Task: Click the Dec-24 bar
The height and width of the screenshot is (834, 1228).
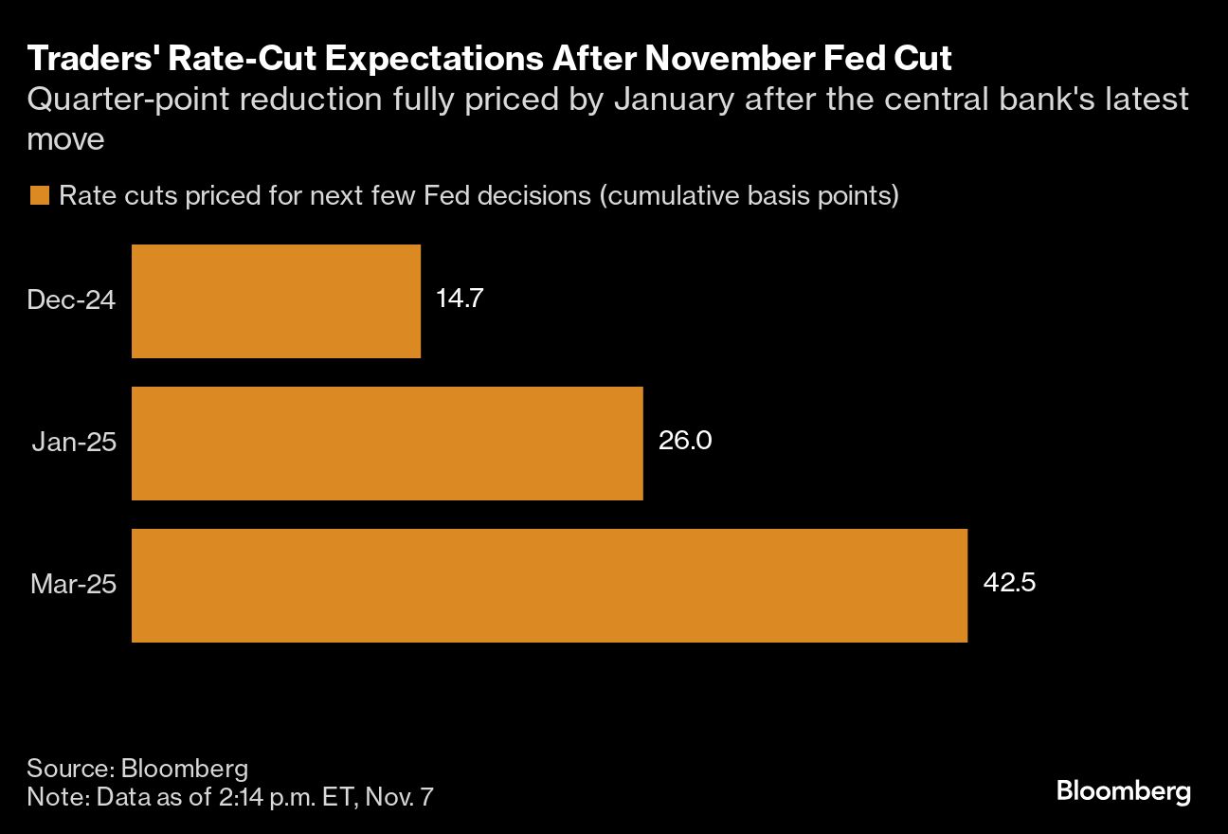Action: (277, 301)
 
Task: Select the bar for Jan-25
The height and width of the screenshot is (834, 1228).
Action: (387, 443)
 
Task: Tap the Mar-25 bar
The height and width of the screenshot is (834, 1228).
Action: (550, 585)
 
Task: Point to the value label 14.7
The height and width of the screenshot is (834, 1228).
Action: (460, 299)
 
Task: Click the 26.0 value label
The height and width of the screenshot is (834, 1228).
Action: (685, 441)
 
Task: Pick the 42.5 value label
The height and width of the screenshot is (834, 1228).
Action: (1009, 582)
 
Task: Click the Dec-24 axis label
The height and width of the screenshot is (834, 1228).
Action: (71, 299)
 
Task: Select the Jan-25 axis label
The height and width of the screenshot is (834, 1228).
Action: (74, 442)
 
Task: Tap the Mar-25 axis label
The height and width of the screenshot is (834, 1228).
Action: (74, 584)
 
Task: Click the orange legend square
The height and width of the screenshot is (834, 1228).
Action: (40, 195)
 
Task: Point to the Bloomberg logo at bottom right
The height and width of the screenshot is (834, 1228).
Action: (1123, 791)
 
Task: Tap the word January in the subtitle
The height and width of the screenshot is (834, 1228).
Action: (674, 100)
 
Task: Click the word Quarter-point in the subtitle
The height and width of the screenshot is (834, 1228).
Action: (128, 100)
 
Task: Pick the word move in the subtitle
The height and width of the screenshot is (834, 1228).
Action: (65, 140)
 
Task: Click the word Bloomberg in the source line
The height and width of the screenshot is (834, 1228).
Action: (185, 769)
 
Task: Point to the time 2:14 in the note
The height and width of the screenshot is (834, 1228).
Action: (244, 797)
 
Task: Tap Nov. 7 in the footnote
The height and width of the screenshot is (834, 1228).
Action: (399, 797)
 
